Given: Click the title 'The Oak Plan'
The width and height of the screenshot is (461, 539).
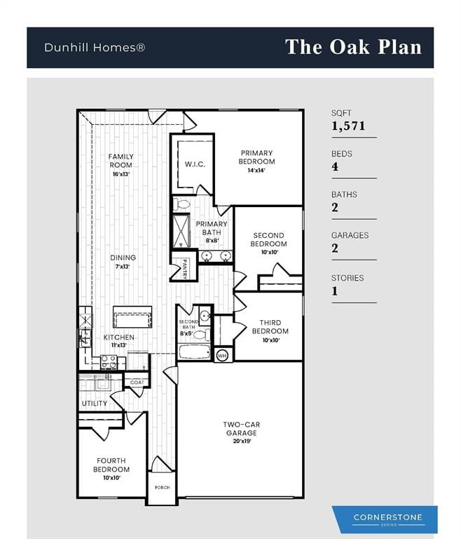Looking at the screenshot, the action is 353,47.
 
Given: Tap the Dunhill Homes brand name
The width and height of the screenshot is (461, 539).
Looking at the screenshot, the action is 95,48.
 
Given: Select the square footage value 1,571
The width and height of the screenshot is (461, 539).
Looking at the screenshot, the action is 348,126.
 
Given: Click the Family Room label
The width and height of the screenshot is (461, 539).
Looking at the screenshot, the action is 121,161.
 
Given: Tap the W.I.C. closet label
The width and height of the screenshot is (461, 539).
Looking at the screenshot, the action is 195,164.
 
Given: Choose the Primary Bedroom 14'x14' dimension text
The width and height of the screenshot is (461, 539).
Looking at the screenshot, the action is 256,170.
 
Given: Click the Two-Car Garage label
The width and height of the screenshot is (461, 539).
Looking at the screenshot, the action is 241,429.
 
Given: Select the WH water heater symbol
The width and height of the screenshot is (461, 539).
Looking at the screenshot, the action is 222,356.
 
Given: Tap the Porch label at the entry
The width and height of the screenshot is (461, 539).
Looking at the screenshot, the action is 163,488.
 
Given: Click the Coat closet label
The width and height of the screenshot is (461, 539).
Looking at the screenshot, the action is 137,382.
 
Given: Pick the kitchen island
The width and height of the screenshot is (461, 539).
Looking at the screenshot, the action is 132,317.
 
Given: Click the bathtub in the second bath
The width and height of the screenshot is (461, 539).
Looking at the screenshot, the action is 194,352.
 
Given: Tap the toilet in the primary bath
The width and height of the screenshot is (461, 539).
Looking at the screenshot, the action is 181,204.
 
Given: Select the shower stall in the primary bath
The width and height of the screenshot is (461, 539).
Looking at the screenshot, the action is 181,231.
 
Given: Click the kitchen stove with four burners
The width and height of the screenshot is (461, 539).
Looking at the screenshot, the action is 109,363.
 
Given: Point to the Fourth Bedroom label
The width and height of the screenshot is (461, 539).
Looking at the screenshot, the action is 111,465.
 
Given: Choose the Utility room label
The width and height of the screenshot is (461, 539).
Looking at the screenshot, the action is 95,404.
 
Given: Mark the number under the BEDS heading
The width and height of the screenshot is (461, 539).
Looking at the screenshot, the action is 335,167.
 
